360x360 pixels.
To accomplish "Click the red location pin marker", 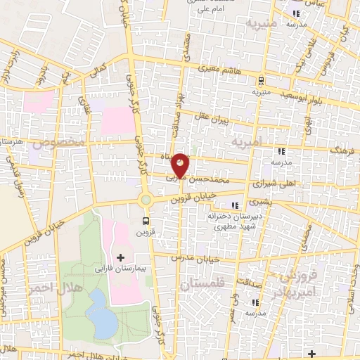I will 181,165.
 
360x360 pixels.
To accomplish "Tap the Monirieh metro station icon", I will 261,80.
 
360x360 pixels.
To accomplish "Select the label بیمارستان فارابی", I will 119,270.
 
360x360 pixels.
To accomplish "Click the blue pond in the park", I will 101,314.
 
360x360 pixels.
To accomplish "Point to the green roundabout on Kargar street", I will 146,200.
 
